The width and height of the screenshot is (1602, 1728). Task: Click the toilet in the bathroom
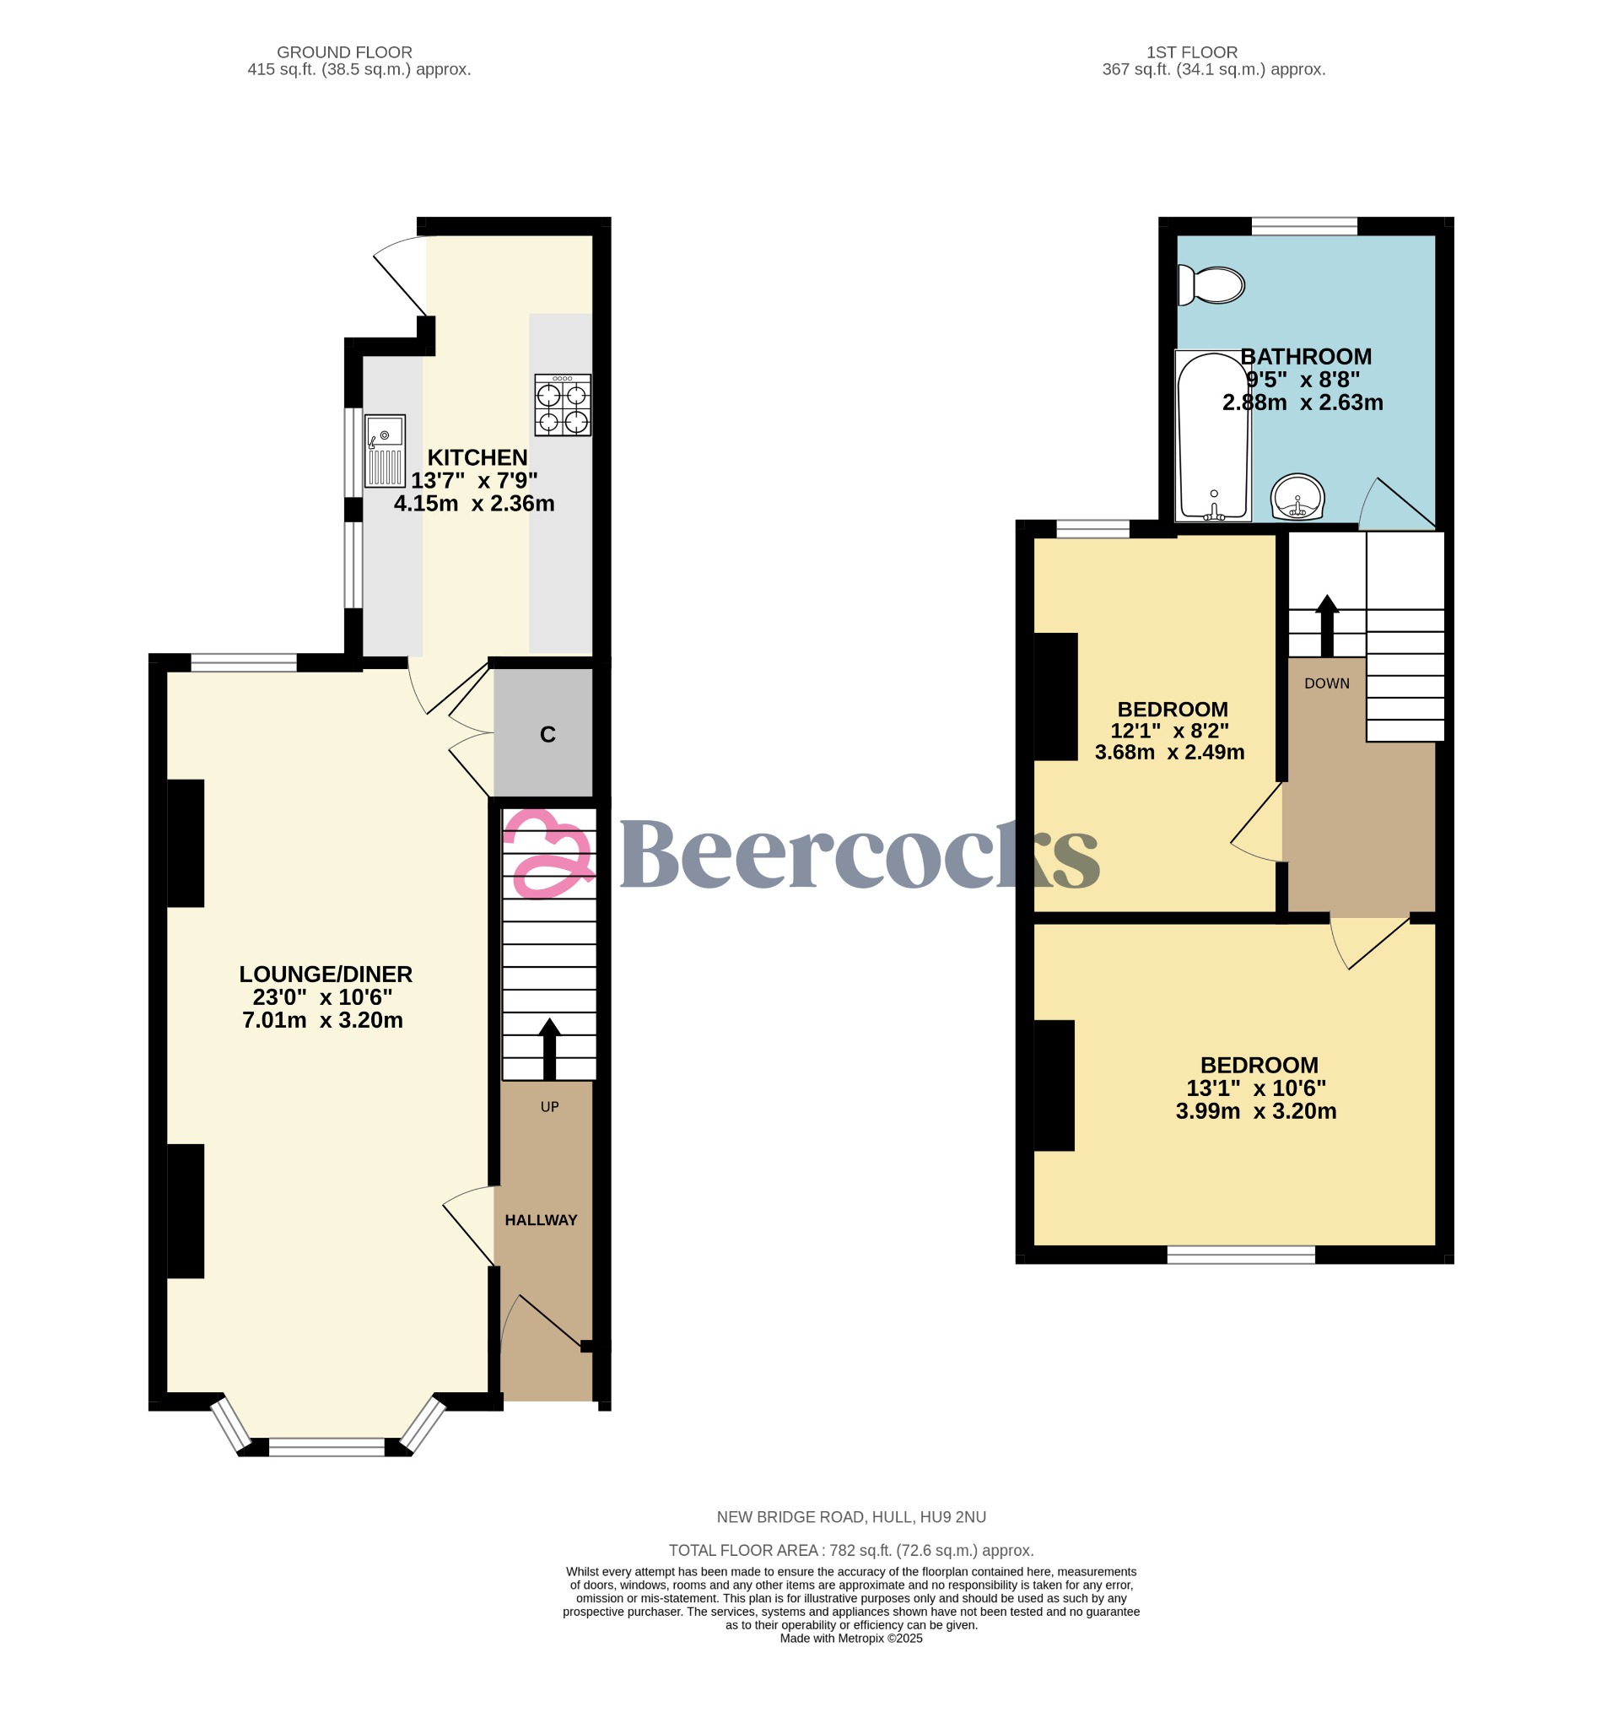click(1212, 285)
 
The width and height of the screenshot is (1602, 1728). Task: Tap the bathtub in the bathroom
click(1213, 436)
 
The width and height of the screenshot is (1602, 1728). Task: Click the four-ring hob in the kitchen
click(563, 405)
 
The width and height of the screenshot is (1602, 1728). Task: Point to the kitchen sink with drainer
click(385, 450)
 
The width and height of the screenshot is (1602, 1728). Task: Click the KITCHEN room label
click(477, 458)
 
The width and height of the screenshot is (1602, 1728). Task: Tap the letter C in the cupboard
click(547, 735)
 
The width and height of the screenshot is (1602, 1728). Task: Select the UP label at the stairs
click(549, 1107)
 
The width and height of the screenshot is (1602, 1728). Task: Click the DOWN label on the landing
click(1326, 683)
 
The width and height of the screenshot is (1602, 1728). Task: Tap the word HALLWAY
click(541, 1220)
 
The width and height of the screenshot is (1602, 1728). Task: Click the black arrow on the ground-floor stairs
click(549, 1048)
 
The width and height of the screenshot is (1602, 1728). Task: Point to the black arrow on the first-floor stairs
click(1326, 624)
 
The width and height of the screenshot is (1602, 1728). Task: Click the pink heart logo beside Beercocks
click(547, 853)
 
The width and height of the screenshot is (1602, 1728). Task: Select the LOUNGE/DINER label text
click(326, 975)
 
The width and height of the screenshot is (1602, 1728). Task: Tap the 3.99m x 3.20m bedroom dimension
click(1255, 1111)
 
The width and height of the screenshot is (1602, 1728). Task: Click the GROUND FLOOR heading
click(344, 52)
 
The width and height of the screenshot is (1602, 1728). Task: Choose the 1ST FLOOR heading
click(1191, 52)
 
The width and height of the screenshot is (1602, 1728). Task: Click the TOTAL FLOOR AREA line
click(850, 1550)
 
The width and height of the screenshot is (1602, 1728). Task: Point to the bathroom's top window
click(1304, 226)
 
